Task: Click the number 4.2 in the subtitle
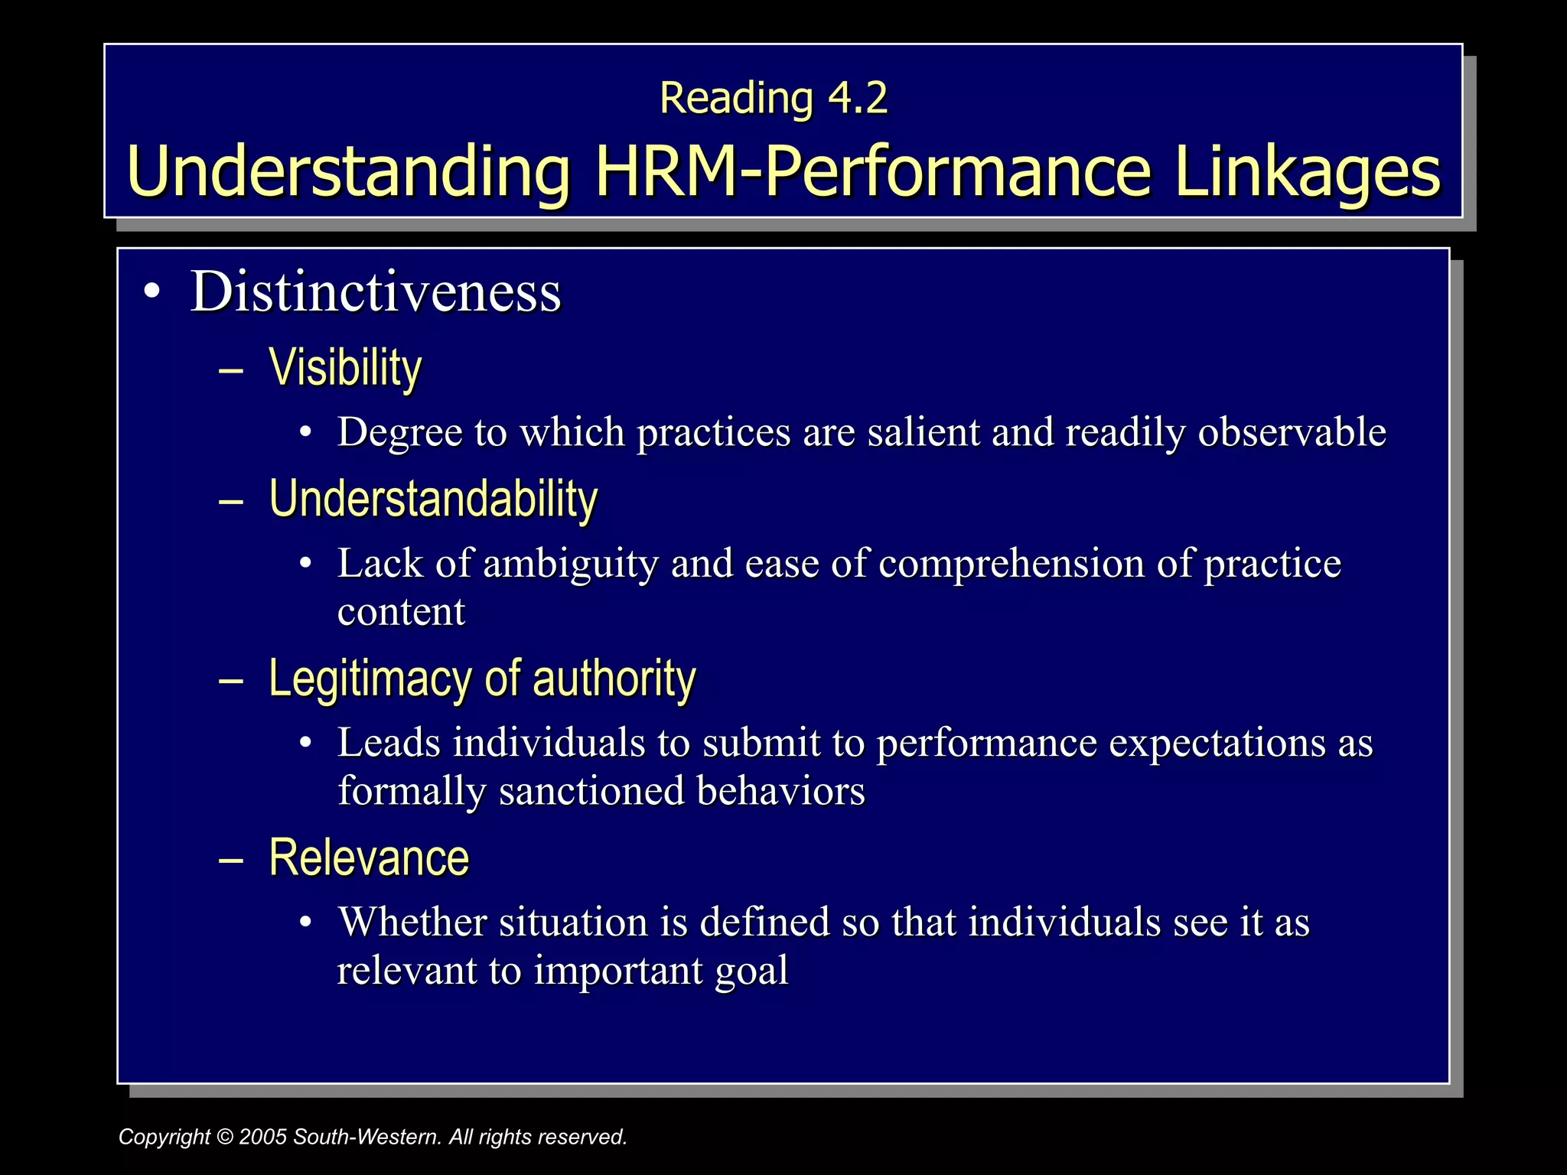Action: point(858,99)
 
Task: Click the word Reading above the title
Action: point(736,99)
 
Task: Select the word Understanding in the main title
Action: point(349,172)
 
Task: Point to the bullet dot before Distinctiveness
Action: point(153,292)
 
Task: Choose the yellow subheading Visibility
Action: point(345,368)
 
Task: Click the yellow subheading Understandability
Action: point(433,499)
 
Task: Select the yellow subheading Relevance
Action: point(369,858)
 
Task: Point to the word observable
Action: point(1292,432)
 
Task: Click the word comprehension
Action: point(1012,564)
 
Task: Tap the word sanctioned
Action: point(591,791)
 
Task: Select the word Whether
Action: point(412,922)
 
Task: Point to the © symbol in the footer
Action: point(225,1137)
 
